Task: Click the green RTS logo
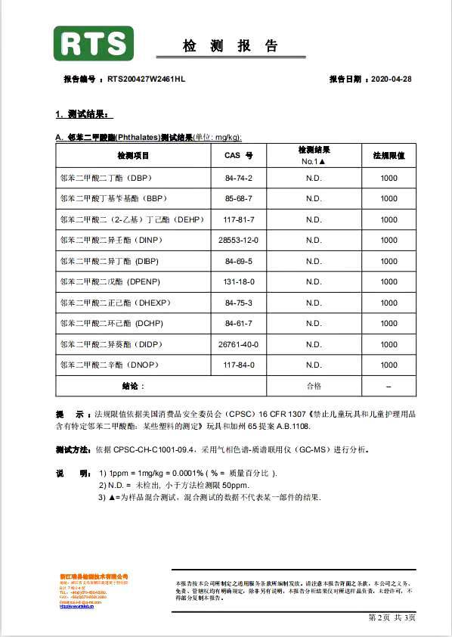pyautogui.click(x=93, y=44)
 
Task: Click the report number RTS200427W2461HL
pyautogui.click(x=146, y=79)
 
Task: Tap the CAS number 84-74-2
pyautogui.click(x=238, y=178)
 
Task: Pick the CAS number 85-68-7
pyautogui.click(x=238, y=199)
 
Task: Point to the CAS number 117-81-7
pyautogui.click(x=238, y=219)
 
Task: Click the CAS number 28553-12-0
pyautogui.click(x=238, y=241)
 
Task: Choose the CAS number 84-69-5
pyautogui.click(x=238, y=261)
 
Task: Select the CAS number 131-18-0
pyautogui.click(x=238, y=282)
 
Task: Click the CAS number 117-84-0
pyautogui.click(x=238, y=365)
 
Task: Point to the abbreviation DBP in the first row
pyautogui.click(x=140, y=178)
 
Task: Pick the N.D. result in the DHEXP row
pyautogui.click(x=314, y=303)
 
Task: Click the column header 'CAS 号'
pyautogui.click(x=238, y=155)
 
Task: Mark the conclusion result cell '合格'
pyautogui.click(x=314, y=386)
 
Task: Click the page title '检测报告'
pyautogui.click(x=230, y=46)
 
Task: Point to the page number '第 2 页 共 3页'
pyautogui.click(x=392, y=618)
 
